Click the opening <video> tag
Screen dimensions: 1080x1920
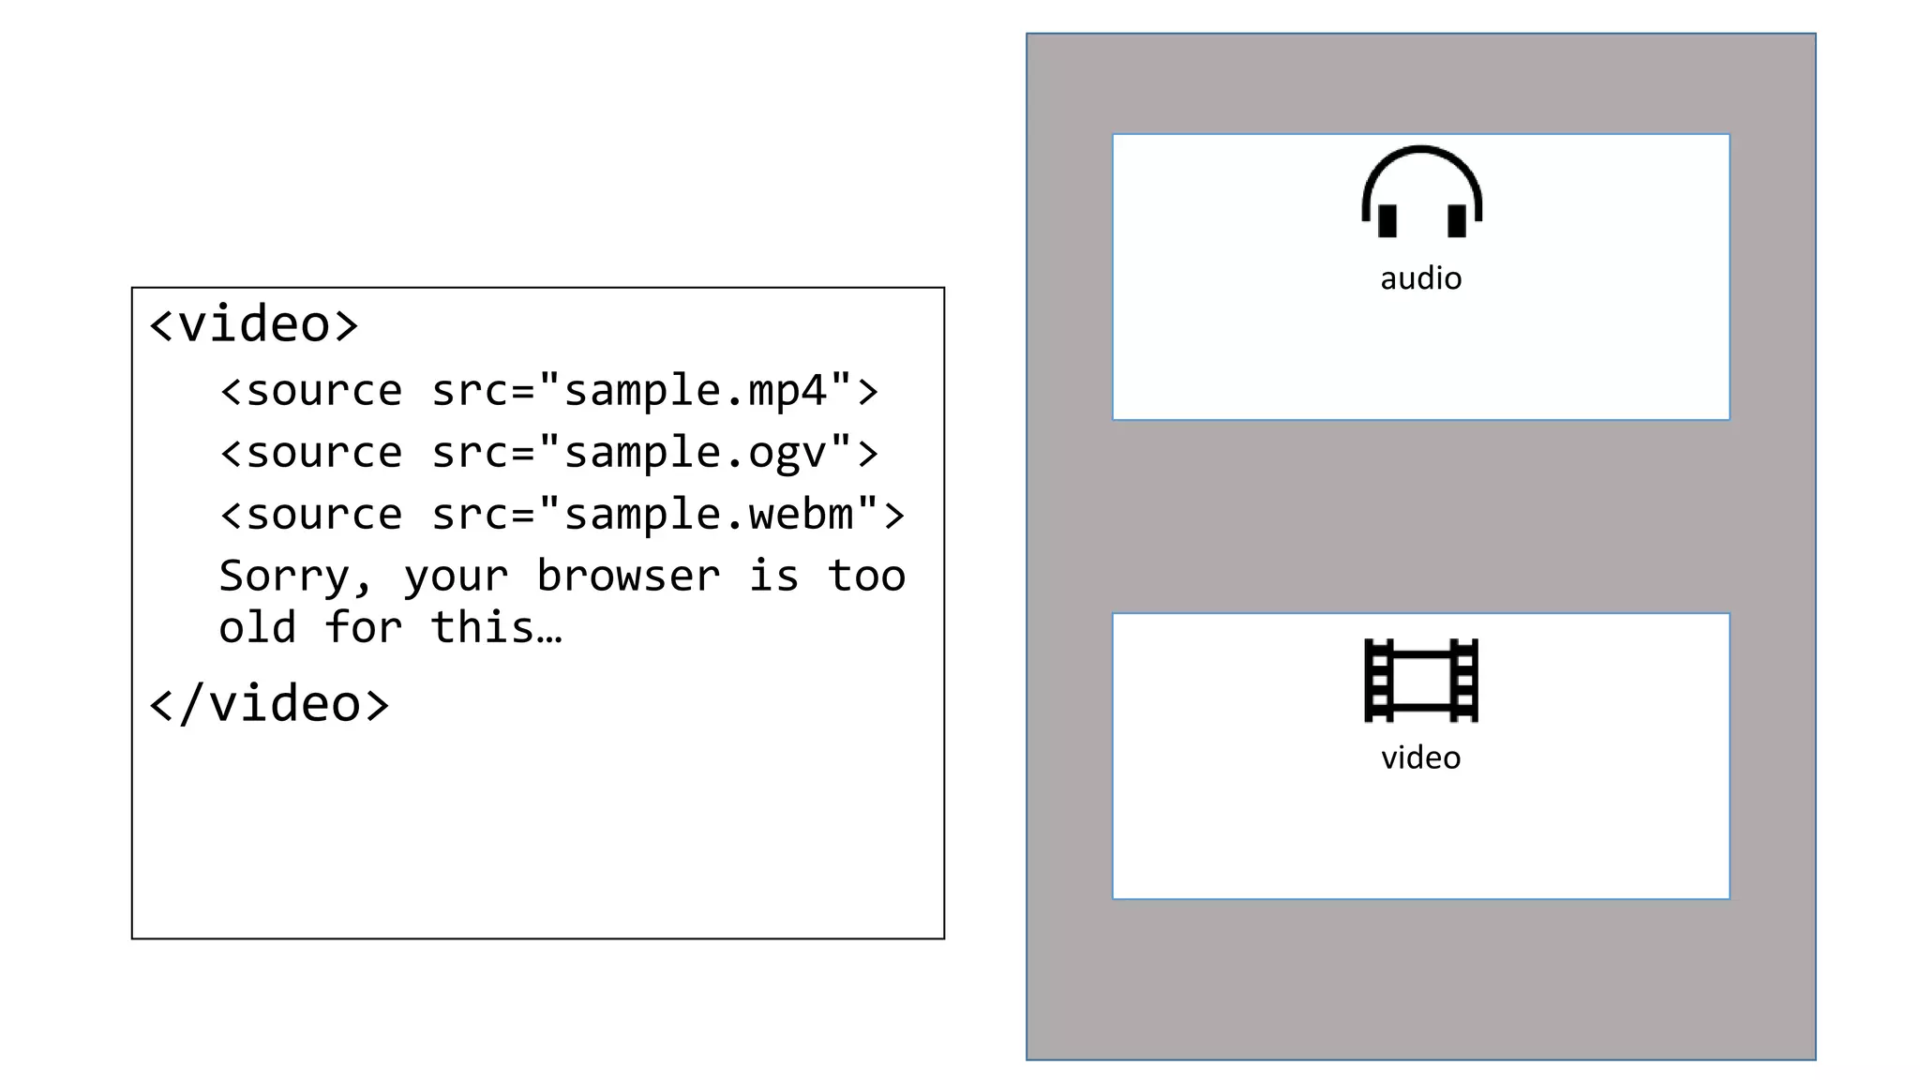pyautogui.click(x=254, y=324)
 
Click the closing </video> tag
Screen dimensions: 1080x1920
pyautogui.click(x=269, y=704)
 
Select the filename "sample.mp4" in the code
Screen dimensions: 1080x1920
pyautogui.click(x=695, y=390)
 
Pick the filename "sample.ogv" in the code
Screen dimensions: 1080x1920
pyautogui.click(x=695, y=453)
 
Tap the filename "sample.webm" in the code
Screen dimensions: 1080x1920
pyautogui.click(x=708, y=515)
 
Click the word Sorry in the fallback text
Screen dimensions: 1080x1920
pyautogui.click(x=284, y=576)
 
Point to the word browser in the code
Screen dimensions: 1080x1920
pyautogui.click(x=628, y=576)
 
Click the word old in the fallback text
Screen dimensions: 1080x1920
pyautogui.click(x=257, y=627)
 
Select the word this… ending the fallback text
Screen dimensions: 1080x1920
pyautogui.click(x=496, y=627)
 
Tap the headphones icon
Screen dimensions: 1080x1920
pyautogui.click(x=1421, y=191)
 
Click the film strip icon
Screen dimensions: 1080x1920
pyautogui.click(x=1421, y=681)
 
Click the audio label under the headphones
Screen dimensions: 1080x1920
pyautogui.click(x=1421, y=278)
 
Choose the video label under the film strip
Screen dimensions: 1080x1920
pyautogui.click(x=1421, y=757)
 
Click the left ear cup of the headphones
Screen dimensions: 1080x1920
pyautogui.click(x=1387, y=220)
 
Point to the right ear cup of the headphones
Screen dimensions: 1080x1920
pyautogui.click(x=1457, y=220)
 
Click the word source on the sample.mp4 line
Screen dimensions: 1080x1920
pyautogui.click(x=323, y=390)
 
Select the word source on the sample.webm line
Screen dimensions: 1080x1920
pyautogui.click(x=323, y=515)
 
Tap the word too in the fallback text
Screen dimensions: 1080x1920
pyautogui.click(x=866, y=576)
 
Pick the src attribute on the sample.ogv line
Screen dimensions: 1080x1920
pyautogui.click(x=469, y=453)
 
